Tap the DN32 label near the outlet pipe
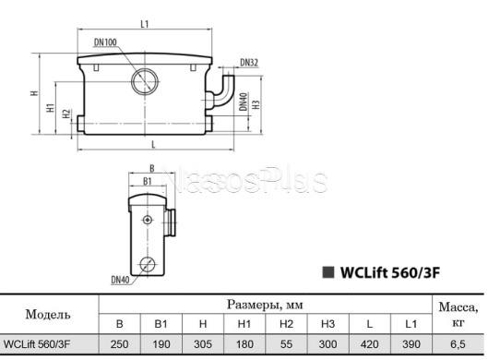click(249, 63)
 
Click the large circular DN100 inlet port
click(146, 80)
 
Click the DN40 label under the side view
click(121, 279)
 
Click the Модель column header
click(50, 314)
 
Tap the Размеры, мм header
click(264, 304)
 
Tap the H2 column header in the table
click(286, 324)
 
